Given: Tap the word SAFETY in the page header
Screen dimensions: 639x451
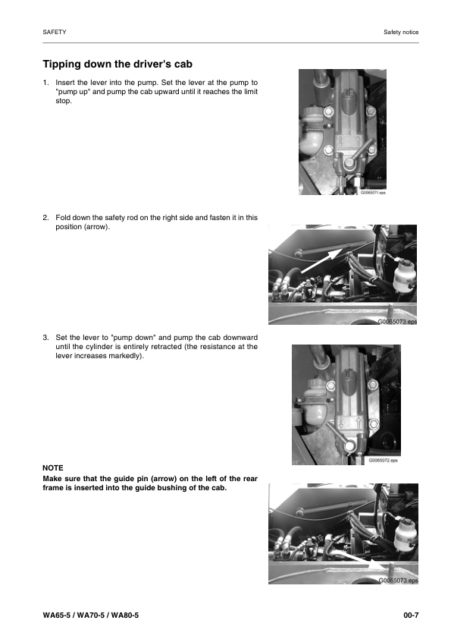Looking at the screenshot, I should (x=55, y=33).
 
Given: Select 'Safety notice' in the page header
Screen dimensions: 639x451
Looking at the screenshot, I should (x=401, y=33).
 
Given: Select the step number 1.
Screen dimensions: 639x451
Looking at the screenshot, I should (x=45, y=82).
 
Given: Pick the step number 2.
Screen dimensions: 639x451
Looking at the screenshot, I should (x=45, y=217).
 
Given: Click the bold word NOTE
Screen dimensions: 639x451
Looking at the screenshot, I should (x=53, y=467).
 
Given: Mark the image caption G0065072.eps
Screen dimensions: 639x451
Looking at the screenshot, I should (x=383, y=461).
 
